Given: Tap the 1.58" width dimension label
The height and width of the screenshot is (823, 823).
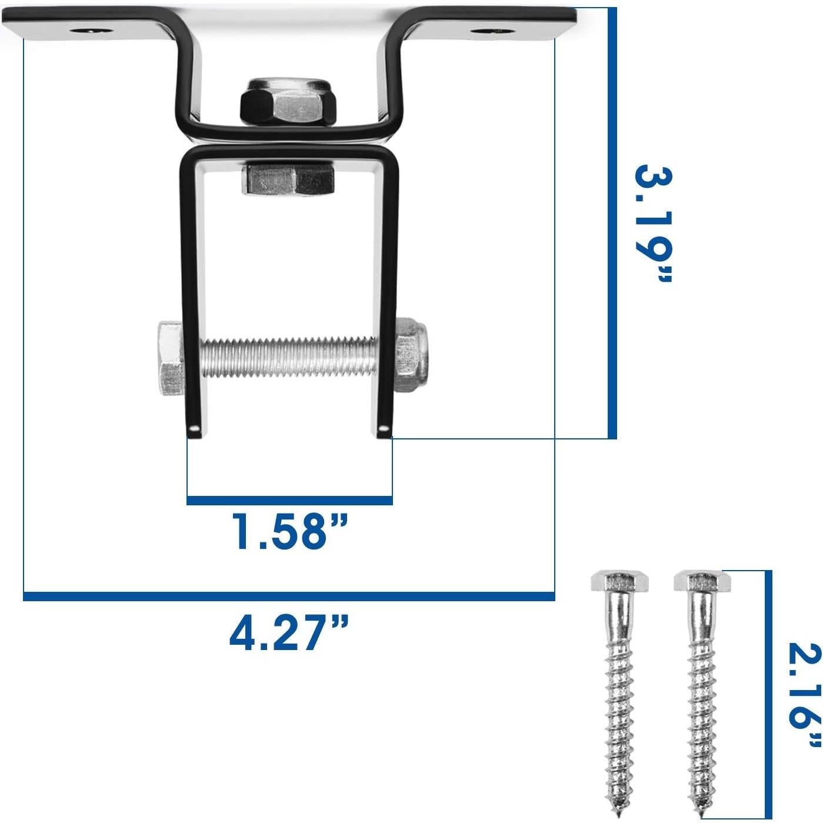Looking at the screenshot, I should (288, 532).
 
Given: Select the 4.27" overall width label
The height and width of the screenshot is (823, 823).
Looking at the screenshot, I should (288, 632).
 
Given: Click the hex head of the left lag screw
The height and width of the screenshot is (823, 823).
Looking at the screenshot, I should (619, 582).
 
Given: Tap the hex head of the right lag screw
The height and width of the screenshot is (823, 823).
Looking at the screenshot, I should (702, 582).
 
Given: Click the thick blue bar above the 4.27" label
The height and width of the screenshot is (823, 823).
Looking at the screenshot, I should (288, 597).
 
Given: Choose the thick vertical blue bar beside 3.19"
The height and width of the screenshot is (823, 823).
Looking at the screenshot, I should (612, 224).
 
